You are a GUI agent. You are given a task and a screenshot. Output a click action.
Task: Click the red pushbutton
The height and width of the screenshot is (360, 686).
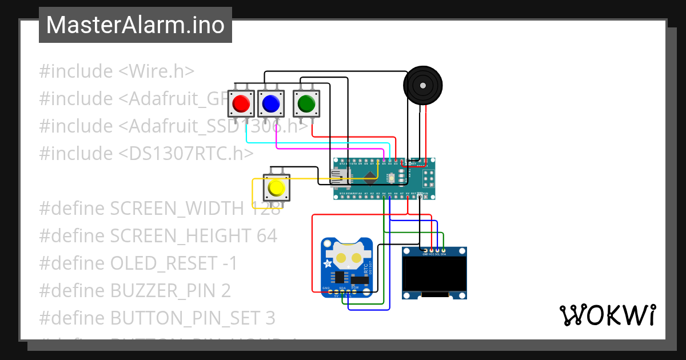click(x=241, y=103)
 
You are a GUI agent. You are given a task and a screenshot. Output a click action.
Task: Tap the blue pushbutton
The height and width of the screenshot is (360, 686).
click(x=270, y=103)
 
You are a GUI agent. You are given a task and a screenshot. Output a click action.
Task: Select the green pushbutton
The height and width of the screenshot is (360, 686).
click(x=306, y=103)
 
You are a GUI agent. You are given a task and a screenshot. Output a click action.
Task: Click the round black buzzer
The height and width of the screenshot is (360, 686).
click(x=423, y=85)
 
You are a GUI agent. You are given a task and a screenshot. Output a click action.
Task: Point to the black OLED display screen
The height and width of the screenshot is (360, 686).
click(x=434, y=274)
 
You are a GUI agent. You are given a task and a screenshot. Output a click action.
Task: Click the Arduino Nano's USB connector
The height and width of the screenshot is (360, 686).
click(x=341, y=178)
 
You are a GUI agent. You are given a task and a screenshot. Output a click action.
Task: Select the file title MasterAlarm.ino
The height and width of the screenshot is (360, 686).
click(x=135, y=25)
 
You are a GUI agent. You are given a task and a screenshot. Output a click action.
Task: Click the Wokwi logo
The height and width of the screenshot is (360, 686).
click(x=607, y=315)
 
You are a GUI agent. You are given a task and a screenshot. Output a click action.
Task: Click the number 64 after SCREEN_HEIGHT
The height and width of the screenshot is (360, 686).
click(x=266, y=236)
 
